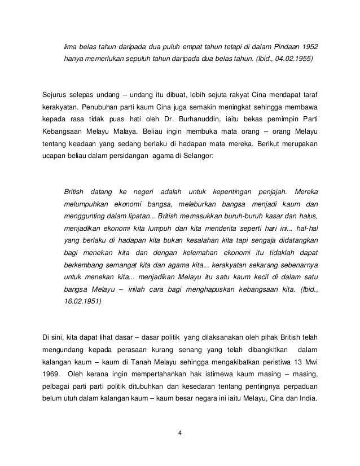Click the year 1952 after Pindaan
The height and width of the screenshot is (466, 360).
coord(313,46)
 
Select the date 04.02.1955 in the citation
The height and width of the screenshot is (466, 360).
coord(289,59)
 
